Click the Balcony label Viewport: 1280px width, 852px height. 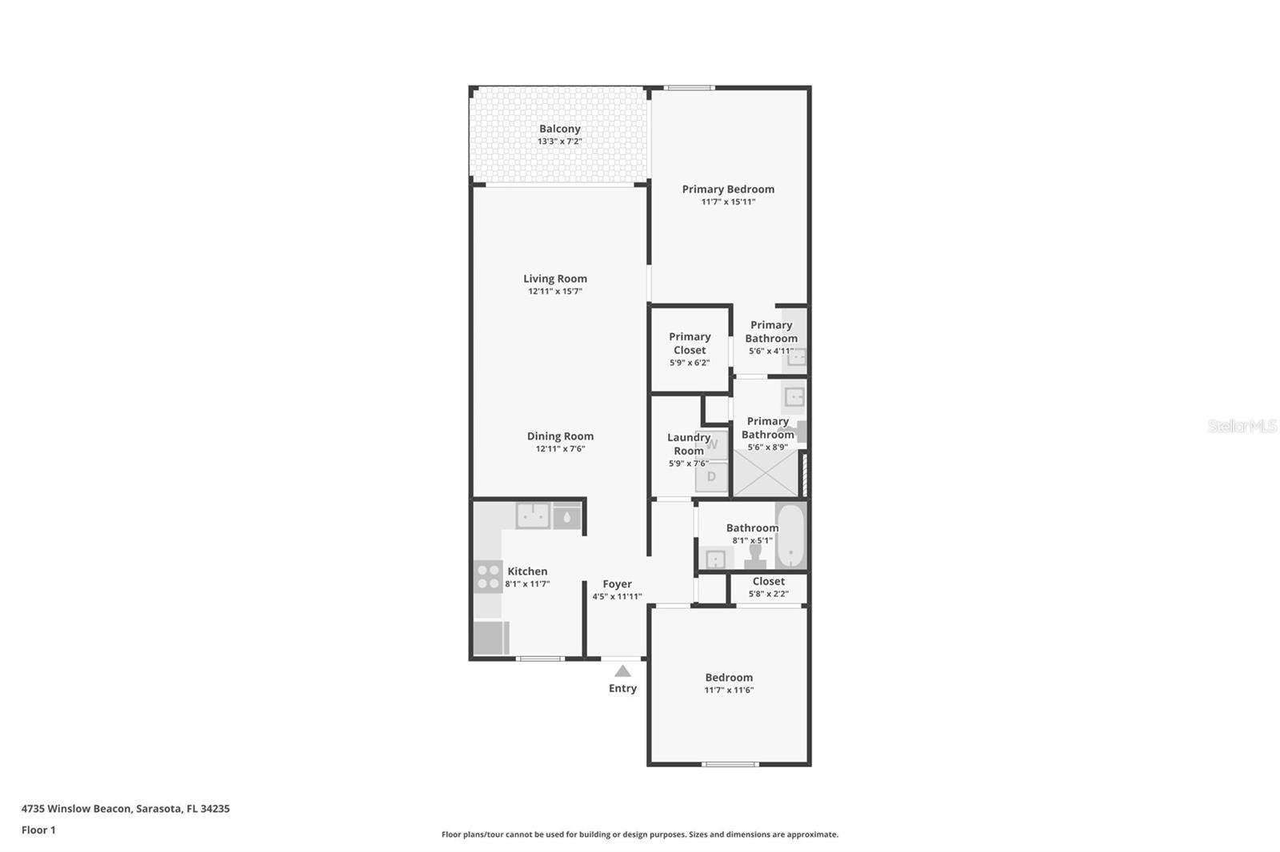[559, 129]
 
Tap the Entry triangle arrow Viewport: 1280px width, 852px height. [623, 671]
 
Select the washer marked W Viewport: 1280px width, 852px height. [711, 445]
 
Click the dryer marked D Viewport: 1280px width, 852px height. [711, 476]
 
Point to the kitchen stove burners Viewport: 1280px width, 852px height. [488, 576]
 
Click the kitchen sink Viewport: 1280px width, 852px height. [533, 516]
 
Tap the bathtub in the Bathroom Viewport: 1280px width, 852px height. [791, 535]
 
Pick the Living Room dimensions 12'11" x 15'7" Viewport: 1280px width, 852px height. [555, 291]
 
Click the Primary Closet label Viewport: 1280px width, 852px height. [690, 343]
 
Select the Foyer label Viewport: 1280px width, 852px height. [617, 584]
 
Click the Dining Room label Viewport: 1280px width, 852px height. [560, 436]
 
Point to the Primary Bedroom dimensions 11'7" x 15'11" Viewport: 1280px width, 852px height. [728, 201]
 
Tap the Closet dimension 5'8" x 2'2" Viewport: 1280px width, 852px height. [769, 594]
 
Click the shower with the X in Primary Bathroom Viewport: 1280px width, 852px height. [765, 473]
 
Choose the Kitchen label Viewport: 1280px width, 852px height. [527, 571]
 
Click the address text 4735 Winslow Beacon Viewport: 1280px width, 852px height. [77, 809]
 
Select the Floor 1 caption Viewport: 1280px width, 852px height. [38, 830]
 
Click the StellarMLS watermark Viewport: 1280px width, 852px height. [1242, 425]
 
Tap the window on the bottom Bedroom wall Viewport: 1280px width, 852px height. [730, 764]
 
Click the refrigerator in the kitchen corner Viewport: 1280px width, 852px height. [491, 638]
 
